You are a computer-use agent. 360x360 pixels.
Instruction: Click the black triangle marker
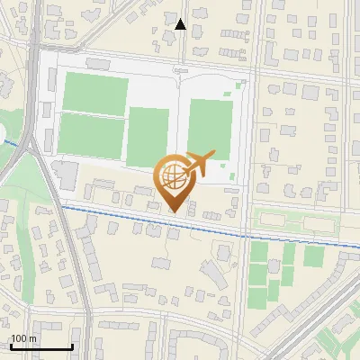tap(181, 24)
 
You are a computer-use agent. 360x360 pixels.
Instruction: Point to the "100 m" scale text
tap(23, 338)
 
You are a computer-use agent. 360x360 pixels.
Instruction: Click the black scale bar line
tap(41, 346)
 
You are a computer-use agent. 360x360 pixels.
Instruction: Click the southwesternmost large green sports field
tap(91, 137)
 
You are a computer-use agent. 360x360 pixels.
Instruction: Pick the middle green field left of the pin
tap(148, 137)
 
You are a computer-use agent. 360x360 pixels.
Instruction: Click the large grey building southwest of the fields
tap(64, 175)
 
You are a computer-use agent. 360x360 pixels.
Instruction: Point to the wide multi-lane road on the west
tap(36, 135)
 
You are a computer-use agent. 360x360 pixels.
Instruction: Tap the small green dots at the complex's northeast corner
tap(239, 86)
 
